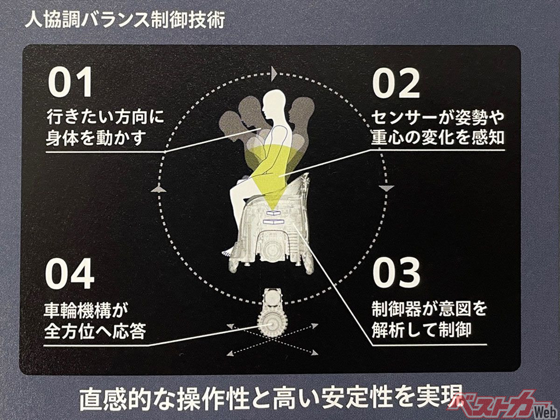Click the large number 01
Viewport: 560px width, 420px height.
pyautogui.click(x=70, y=82)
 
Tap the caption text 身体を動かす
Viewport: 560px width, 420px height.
pyautogui.click(x=97, y=138)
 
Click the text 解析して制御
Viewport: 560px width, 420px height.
pyautogui.click(x=421, y=330)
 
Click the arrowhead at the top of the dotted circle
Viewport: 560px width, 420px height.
pyautogui.click(x=274, y=73)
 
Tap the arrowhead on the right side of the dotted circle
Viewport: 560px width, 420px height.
pyautogui.click(x=387, y=189)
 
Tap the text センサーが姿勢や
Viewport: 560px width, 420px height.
pyautogui.click(x=437, y=118)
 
